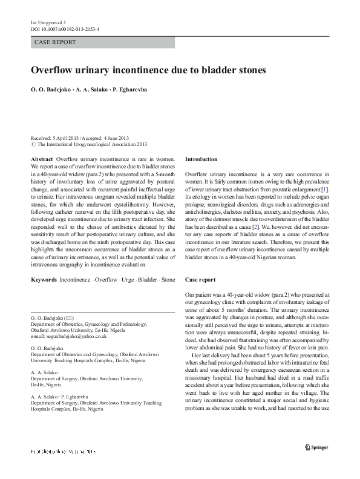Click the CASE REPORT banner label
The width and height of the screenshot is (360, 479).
56,42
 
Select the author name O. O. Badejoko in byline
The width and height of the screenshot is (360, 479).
50,89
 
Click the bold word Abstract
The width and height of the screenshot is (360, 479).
42,158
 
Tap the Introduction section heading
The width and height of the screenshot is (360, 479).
201,159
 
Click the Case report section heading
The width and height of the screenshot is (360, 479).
200,280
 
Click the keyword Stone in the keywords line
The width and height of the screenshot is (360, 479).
168,280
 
